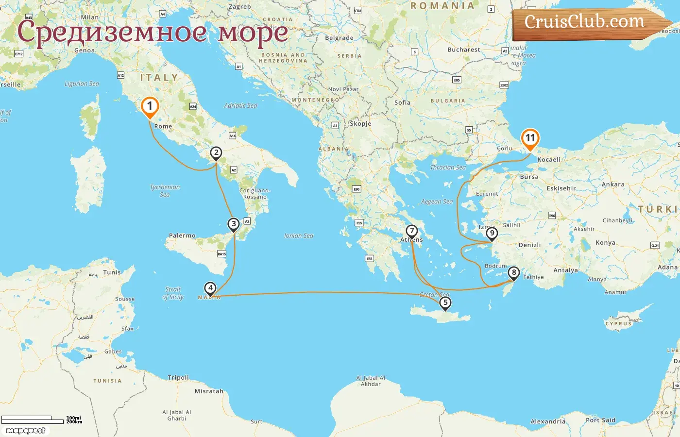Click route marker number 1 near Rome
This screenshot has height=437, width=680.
coord(150,106)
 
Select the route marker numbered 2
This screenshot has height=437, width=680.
coord(216,153)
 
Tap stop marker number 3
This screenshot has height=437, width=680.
coord(234,224)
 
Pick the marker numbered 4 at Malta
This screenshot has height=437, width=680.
coord(210,288)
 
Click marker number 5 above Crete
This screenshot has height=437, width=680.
coord(445,303)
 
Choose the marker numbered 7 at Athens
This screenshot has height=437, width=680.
coord(412,231)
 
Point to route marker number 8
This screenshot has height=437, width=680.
coord(513,273)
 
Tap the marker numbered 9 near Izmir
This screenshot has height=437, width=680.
coord(492,234)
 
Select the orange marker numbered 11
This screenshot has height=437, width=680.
coord(530,138)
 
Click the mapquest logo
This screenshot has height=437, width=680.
coord(26,431)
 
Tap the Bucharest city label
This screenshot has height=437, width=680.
coord(463,50)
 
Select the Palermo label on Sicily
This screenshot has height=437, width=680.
coord(182,235)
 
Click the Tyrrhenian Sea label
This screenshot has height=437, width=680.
coord(165,190)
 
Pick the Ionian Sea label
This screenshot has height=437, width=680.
coord(298,235)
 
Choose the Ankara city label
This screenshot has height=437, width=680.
coord(613,185)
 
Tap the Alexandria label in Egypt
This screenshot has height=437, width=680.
coord(548,421)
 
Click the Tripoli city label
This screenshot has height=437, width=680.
coord(178,377)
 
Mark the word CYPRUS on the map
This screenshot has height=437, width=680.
coord(618,323)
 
